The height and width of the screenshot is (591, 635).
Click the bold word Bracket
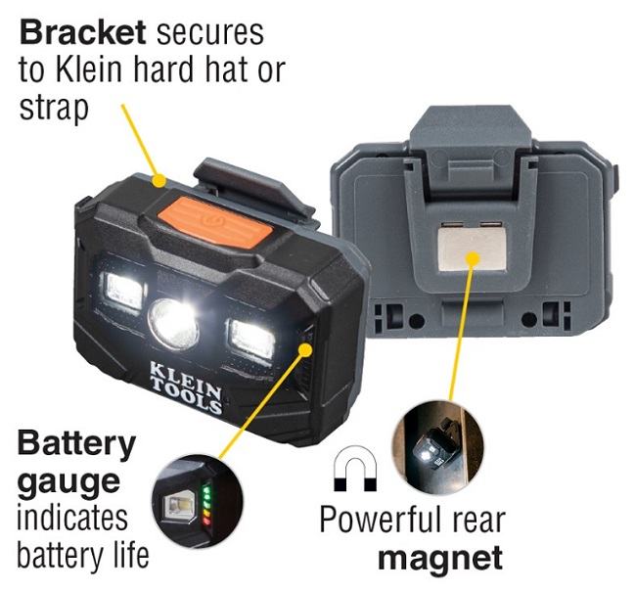coord(82,32)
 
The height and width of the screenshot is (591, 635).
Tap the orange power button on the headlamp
coord(215,222)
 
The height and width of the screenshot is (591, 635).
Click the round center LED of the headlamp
coord(174,324)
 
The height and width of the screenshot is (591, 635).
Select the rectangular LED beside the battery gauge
coord(251,340)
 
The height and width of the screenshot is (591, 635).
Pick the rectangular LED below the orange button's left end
coord(123,290)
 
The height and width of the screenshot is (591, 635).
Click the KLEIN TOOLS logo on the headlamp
coord(186,387)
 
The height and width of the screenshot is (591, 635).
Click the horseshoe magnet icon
coord(355,469)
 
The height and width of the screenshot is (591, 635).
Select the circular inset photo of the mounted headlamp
coord(437,447)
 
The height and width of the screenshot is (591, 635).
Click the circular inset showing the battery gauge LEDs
coord(198,501)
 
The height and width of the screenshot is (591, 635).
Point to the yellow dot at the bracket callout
coord(159,180)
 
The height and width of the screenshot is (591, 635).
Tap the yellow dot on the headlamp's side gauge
coord(305,349)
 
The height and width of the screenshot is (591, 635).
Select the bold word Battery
coord(76,445)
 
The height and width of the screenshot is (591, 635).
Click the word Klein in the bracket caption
coord(89,69)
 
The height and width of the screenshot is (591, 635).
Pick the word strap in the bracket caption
coord(54,109)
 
